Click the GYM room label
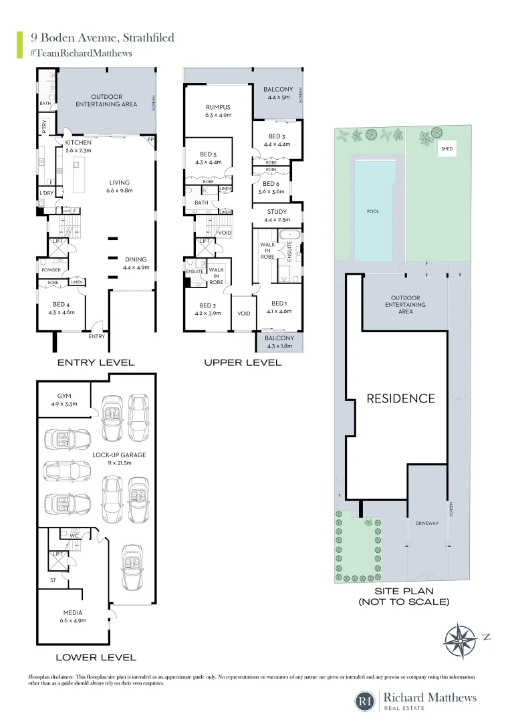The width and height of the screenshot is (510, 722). pyautogui.click(x=65, y=396)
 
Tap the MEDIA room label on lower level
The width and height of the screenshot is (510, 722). pyautogui.click(x=73, y=612)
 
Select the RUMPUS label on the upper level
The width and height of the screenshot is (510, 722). pyautogui.click(x=218, y=107)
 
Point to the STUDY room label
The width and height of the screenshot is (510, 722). pyautogui.click(x=277, y=212)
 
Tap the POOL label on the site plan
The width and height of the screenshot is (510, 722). pyautogui.click(x=373, y=211)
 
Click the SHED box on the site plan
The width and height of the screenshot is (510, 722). pyautogui.click(x=446, y=150)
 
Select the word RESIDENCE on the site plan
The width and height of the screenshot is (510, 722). pyautogui.click(x=400, y=398)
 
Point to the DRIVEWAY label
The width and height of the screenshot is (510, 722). pyautogui.click(x=427, y=523)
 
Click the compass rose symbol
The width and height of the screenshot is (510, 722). pyautogui.click(x=461, y=640)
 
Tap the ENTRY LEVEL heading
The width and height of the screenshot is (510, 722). pyautogui.click(x=96, y=362)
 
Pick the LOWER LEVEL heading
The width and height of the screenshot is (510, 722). pyautogui.click(x=96, y=657)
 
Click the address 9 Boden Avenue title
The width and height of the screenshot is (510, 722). pyautogui.click(x=98, y=37)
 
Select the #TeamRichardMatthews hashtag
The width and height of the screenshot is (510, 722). pyautogui.click(x=81, y=53)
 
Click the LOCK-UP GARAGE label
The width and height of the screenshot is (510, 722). pyautogui.click(x=118, y=455)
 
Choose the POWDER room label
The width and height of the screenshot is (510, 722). pyautogui.click(x=51, y=271)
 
